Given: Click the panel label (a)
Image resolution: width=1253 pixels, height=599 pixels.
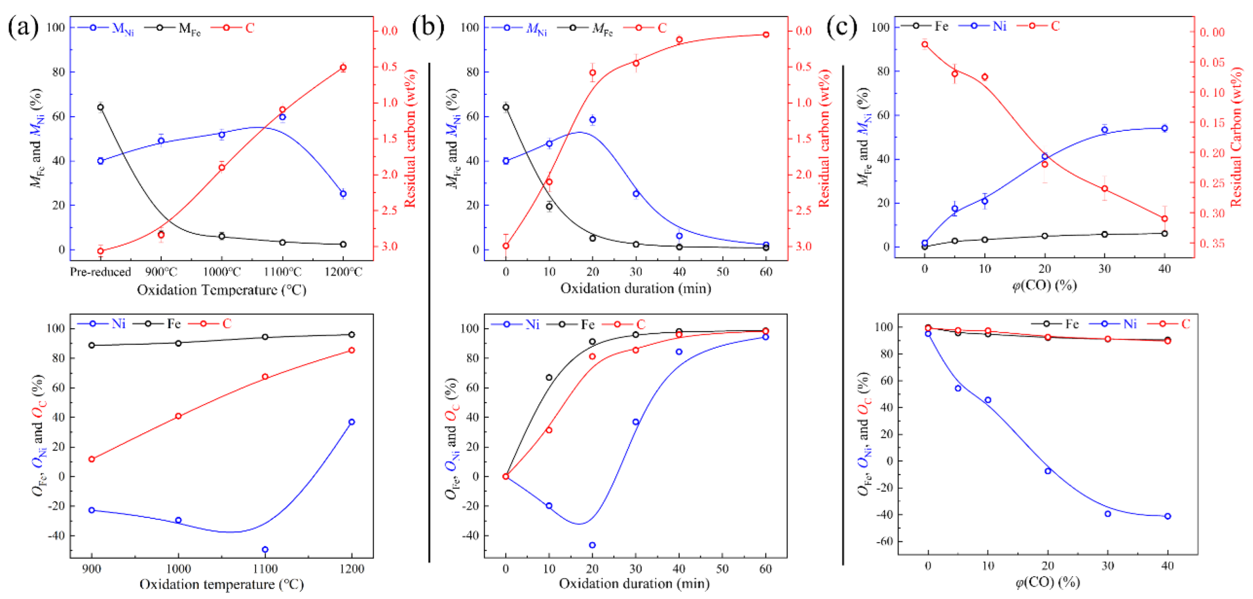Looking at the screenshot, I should (23, 28).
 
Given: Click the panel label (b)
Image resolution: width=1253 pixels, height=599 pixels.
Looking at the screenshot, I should (428, 28).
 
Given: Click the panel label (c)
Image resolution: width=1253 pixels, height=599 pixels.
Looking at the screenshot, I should (841, 28).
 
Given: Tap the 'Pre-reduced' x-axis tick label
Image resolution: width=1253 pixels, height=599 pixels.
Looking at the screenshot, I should (100, 272).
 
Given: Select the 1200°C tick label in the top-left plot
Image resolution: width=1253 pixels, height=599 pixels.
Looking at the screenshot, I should (343, 272).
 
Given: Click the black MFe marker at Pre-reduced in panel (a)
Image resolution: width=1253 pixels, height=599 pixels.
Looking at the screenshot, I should (101, 107).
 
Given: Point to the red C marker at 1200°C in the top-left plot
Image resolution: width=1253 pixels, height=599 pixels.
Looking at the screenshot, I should (343, 68).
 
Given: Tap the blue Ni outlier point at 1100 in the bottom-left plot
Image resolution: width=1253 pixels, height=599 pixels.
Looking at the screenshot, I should (265, 549).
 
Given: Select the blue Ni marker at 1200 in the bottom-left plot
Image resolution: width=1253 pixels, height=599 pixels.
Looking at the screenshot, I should (352, 422).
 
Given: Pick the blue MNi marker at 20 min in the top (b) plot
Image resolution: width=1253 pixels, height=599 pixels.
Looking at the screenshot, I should (592, 120).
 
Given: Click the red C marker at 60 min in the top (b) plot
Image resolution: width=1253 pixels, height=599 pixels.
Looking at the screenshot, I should (766, 35).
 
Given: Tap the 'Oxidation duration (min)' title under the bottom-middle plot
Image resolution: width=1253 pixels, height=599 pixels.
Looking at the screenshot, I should (634, 583).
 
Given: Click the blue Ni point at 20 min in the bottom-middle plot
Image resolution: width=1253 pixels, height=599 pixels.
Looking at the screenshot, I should (592, 545).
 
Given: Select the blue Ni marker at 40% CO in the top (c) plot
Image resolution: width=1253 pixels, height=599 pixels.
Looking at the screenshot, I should (1164, 129).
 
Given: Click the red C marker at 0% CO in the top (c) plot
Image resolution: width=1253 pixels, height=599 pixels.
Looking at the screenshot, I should (925, 45).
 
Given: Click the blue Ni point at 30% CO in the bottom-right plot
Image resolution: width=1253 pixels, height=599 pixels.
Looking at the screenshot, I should (1108, 513).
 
